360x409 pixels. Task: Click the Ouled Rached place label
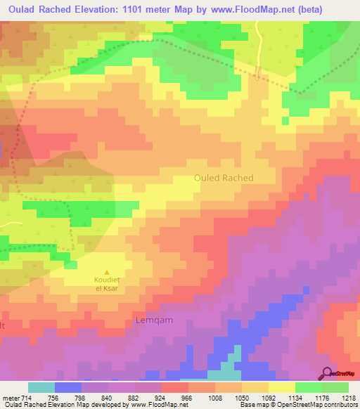(x=224, y=178)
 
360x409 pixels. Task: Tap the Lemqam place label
(x=153, y=320)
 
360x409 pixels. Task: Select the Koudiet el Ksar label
(x=107, y=284)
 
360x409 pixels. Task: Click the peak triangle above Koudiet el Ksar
(x=107, y=273)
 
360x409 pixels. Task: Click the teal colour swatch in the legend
(x=41, y=387)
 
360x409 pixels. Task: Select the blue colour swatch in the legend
(x=68, y=387)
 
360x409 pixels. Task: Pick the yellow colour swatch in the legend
(x=282, y=387)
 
